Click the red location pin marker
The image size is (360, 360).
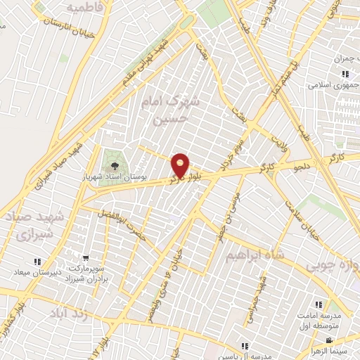[181, 165]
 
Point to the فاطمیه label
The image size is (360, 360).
[90, 7]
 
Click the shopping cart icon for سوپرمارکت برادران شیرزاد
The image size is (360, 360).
[85, 259]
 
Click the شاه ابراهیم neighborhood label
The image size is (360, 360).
[252, 257]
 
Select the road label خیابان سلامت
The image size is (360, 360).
[302, 219]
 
